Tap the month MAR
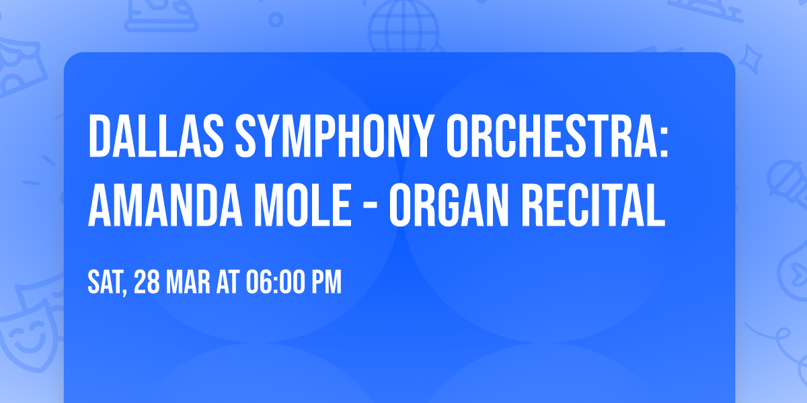click(189, 283)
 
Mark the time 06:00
click(276, 283)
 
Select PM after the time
click(327, 283)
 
